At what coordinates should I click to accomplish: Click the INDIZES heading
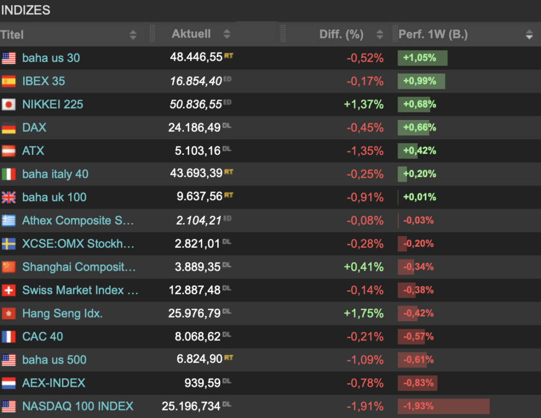click(26, 10)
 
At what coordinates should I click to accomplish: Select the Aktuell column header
click(191, 34)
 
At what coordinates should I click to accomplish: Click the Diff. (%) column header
click(341, 34)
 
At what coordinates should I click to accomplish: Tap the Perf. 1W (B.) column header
click(433, 35)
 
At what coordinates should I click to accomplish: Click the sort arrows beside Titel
click(133, 35)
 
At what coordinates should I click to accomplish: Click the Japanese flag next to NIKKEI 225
click(8, 105)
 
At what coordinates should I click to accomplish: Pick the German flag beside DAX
click(8, 128)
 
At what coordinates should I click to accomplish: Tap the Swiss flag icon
click(8, 290)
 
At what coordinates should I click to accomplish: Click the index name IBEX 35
click(44, 81)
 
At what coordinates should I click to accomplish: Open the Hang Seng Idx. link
click(62, 313)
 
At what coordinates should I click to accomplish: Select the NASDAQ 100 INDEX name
click(78, 406)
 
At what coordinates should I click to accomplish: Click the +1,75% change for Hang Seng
click(363, 313)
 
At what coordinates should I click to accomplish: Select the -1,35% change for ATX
click(365, 151)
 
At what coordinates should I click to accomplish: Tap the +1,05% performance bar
click(422, 58)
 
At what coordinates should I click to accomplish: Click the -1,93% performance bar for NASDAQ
click(443, 406)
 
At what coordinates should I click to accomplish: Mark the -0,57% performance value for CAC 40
click(418, 337)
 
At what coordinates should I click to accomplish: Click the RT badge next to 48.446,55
click(228, 55)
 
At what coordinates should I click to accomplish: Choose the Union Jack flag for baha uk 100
click(8, 198)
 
